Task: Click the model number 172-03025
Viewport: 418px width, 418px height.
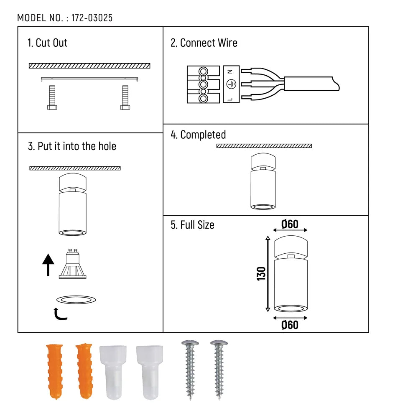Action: [x=92, y=18]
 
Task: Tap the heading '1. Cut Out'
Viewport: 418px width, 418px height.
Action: [x=47, y=43]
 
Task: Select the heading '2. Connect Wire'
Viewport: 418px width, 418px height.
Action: [x=204, y=43]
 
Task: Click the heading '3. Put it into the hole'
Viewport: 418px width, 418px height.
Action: [x=72, y=146]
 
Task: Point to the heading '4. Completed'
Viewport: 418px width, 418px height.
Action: [x=198, y=135]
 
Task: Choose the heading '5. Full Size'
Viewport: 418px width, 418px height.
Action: [x=192, y=225]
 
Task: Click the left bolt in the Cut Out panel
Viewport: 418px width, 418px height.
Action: [x=52, y=97]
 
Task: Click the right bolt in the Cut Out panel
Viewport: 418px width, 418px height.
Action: [x=124, y=97]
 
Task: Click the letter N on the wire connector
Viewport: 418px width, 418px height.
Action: [x=229, y=72]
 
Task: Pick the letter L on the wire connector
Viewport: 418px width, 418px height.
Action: [x=229, y=98]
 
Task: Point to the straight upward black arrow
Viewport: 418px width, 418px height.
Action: [x=48, y=265]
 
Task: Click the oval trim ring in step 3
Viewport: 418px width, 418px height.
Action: [x=76, y=299]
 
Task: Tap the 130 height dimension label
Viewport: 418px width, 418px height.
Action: [x=261, y=273]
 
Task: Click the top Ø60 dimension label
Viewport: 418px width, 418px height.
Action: [x=290, y=224]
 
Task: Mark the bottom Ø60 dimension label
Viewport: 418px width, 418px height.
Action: [x=290, y=324]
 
